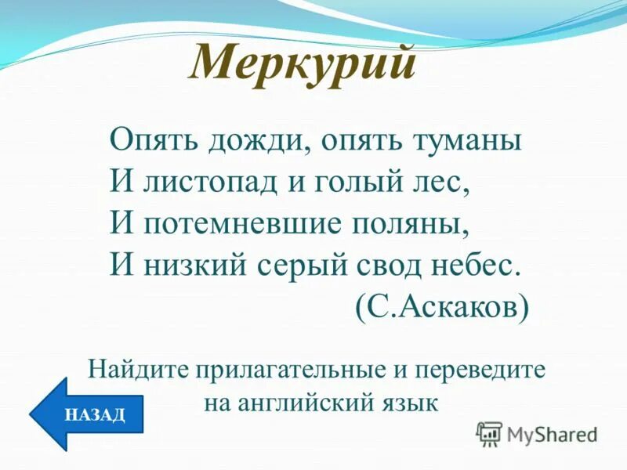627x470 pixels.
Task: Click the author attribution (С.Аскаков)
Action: (x=441, y=306)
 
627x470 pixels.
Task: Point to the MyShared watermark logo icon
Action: (x=489, y=432)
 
